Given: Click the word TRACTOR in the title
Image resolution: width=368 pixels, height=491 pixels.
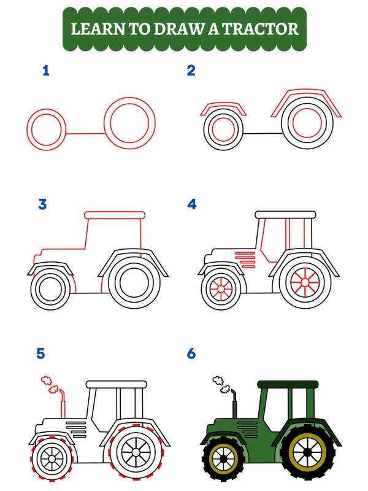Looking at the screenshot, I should (x=264, y=28).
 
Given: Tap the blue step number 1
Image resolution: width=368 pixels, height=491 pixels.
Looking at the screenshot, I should (x=45, y=71).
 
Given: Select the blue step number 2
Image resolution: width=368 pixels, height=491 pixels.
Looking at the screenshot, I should (x=191, y=71).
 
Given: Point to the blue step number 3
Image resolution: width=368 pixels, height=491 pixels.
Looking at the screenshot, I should (x=42, y=204).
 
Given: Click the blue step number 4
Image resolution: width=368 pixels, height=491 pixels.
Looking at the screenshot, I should (x=192, y=204).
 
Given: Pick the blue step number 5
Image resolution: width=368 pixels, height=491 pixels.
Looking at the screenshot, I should (x=41, y=354).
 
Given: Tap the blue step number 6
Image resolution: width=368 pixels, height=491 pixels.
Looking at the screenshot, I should (x=191, y=354).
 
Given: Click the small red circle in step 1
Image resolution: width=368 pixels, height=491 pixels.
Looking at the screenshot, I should (x=45, y=130).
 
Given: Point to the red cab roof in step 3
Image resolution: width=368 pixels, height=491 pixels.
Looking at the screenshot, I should (x=115, y=215).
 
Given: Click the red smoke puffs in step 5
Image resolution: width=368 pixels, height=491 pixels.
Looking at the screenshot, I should (x=49, y=385).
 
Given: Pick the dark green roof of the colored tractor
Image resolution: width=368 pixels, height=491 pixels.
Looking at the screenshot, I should (x=288, y=384).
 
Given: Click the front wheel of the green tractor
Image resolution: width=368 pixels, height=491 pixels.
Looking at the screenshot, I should (x=223, y=458).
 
